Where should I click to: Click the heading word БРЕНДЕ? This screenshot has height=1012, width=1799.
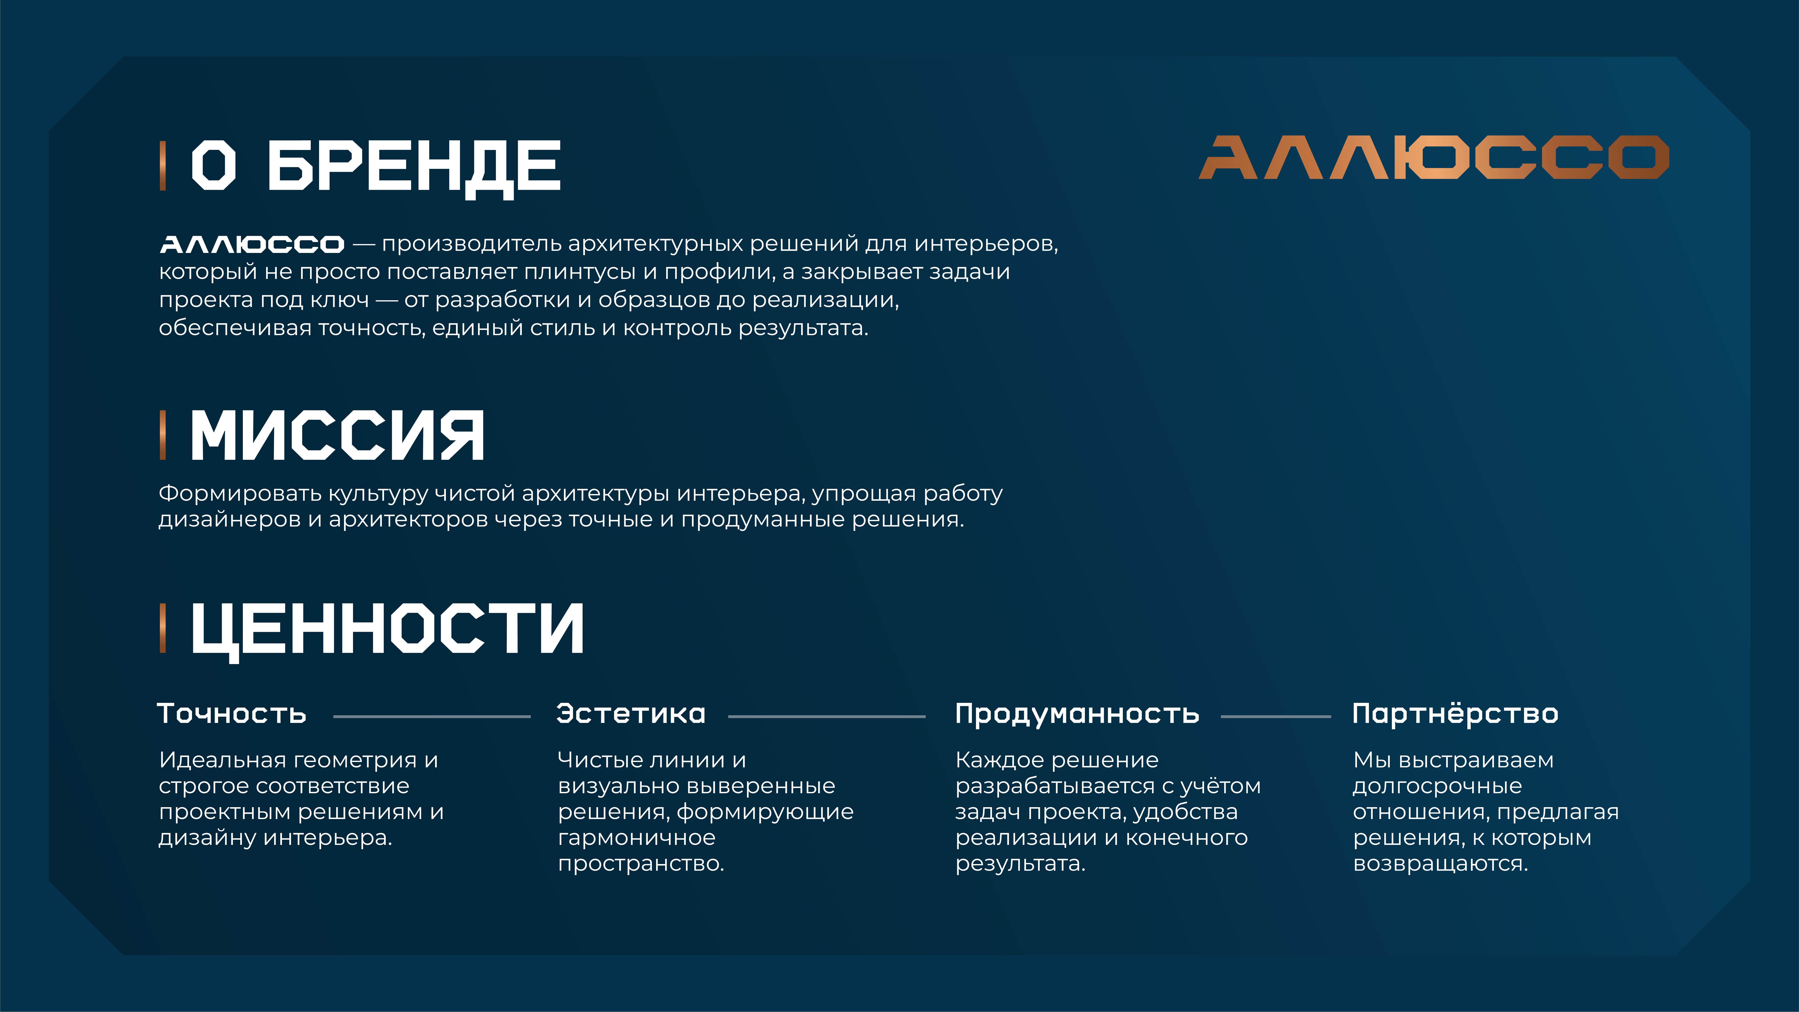click(x=414, y=166)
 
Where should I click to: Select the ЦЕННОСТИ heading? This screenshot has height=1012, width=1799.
click(x=387, y=630)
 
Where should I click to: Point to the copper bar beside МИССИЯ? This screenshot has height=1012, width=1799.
click(x=163, y=435)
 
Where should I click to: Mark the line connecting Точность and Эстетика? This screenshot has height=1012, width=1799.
click(x=432, y=717)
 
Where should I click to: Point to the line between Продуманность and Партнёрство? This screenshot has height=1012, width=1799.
click(x=1276, y=717)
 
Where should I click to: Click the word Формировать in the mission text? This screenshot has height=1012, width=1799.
click(x=240, y=494)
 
